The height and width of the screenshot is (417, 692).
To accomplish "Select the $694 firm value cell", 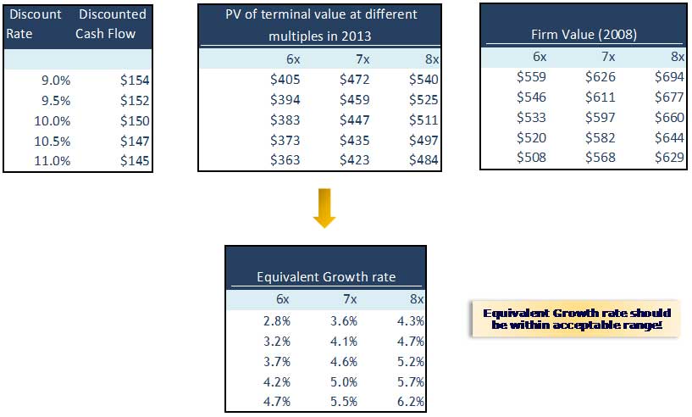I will (668, 77).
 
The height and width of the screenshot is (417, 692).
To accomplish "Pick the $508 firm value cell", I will (531, 157).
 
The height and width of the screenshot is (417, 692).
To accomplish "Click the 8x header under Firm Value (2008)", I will (676, 57).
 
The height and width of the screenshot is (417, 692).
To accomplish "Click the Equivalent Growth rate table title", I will (326, 277).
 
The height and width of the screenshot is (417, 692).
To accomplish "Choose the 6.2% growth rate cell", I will (410, 402).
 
